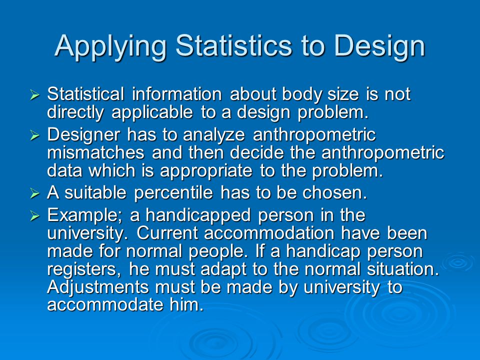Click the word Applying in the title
[x=110, y=46]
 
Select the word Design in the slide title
[x=379, y=46]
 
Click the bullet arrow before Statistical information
[x=35, y=95]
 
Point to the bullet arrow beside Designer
[x=35, y=135]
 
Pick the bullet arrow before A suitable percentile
[x=35, y=193]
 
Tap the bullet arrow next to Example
[x=35, y=216]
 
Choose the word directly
[x=75, y=112]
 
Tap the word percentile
[x=173, y=193]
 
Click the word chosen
[x=334, y=193]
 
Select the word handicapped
[x=198, y=215]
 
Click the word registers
[x=84, y=269]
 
